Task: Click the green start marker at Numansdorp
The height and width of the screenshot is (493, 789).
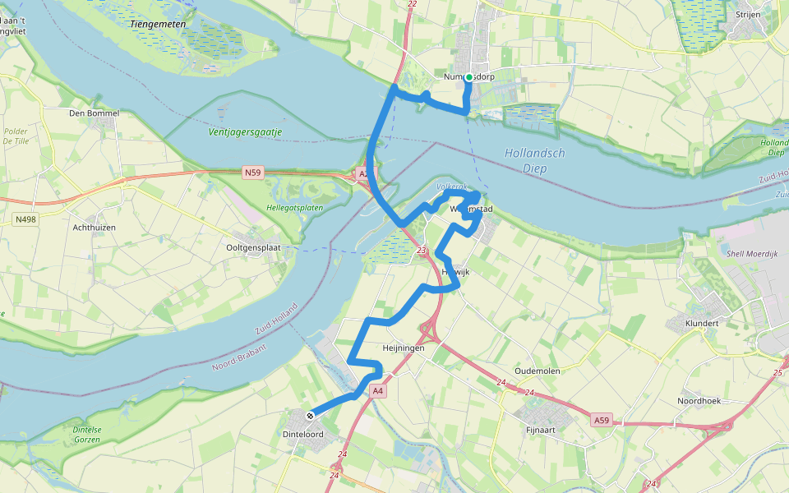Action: point(468,77)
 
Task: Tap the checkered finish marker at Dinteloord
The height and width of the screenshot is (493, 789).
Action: point(311,415)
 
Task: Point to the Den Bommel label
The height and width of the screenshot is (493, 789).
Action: point(95,113)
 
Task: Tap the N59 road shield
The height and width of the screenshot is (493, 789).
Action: point(252,173)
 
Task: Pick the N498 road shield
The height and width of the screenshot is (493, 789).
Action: point(25,219)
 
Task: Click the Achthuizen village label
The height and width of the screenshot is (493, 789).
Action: point(94,228)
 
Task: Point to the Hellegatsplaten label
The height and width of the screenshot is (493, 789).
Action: point(294,208)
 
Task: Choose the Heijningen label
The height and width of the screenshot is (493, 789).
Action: point(404,348)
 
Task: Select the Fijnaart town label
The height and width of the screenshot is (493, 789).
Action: point(542,429)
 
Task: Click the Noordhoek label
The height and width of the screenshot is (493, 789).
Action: point(699,401)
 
